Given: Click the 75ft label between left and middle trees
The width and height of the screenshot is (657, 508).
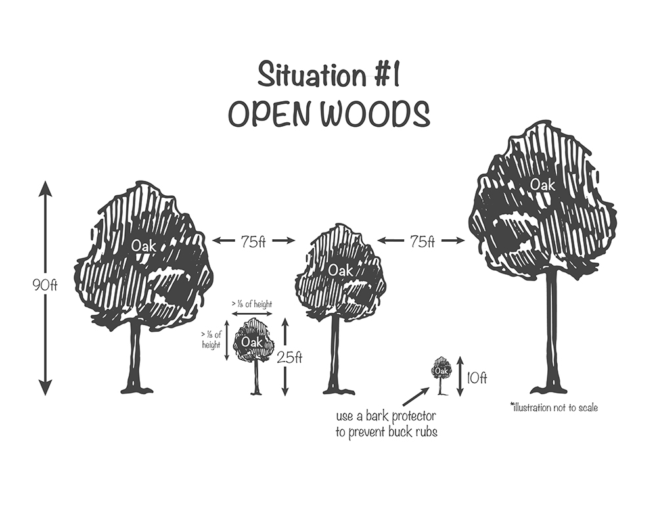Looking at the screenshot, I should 252,241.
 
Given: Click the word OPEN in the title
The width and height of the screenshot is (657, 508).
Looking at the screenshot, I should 269,114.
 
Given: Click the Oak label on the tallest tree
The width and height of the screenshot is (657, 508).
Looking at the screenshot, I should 543,185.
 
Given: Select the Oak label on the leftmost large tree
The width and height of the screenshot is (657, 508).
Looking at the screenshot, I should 143,246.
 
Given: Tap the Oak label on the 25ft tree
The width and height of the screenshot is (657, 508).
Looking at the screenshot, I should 251,342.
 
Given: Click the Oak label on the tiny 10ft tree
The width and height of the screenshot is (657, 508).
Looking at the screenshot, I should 441,371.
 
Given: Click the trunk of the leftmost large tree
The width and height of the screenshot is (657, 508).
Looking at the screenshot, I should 135,355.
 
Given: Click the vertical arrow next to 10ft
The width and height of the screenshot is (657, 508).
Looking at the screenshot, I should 460,376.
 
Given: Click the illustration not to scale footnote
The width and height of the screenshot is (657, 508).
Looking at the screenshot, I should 554,407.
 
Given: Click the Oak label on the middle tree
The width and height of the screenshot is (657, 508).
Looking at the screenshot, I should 340,269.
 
